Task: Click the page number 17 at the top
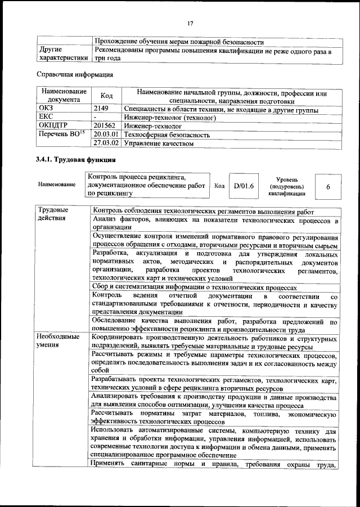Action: pos(190,23)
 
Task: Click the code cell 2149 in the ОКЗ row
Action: pos(101,109)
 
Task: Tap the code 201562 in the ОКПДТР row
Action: pos(105,126)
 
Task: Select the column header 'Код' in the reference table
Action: pos(106,96)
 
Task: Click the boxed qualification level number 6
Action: pos(328,186)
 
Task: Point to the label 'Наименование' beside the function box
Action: pos(57,185)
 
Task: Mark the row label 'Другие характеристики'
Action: pos(62,53)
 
